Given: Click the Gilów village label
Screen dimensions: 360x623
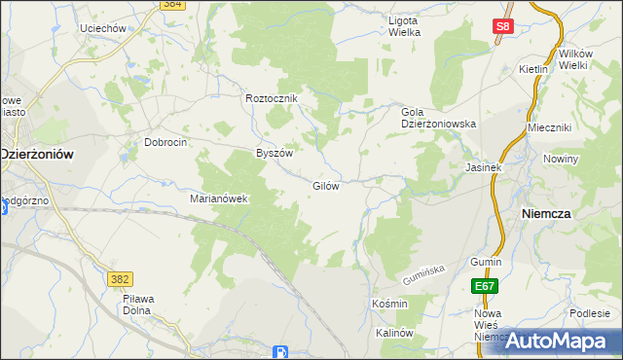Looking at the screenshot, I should coord(325,186).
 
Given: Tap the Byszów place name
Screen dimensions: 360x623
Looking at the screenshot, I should coord(274,153).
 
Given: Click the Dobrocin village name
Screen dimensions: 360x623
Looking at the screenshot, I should coord(165,141).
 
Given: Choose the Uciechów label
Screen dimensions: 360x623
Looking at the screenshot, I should coord(104,29).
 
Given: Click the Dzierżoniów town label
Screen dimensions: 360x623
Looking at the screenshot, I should coord(38,154).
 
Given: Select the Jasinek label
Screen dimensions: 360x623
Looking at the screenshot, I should coord(483,167).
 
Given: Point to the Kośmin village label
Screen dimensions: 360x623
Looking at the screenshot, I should coord(389,304).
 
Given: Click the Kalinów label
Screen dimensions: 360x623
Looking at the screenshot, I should coord(395,333).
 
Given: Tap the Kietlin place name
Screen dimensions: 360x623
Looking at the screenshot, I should coord(533,70).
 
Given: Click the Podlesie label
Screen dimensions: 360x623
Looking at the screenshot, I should coord(590,312).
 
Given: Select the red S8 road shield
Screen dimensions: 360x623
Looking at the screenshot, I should coord(501,27).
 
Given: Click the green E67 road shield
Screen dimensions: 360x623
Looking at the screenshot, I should coord(486,286).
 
